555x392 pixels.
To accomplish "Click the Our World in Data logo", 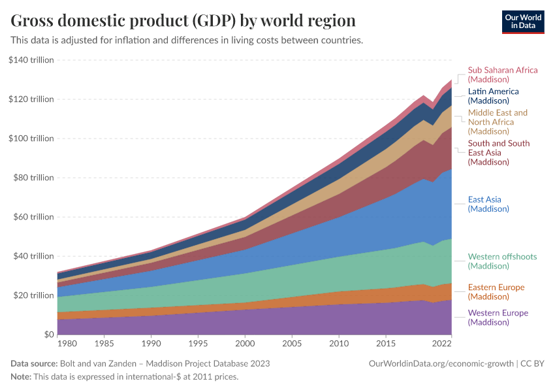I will pyautogui.click(x=522, y=21).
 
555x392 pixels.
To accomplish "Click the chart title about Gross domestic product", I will pyautogui.click(x=183, y=20).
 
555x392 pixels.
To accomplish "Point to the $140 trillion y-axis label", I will pyautogui.click(x=31, y=60).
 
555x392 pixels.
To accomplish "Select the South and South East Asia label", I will pyautogui.click(x=499, y=153).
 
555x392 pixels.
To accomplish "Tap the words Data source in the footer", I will pyautogui.click(x=34, y=363).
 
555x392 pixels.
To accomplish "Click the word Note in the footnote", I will pyautogui.click(x=21, y=377).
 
